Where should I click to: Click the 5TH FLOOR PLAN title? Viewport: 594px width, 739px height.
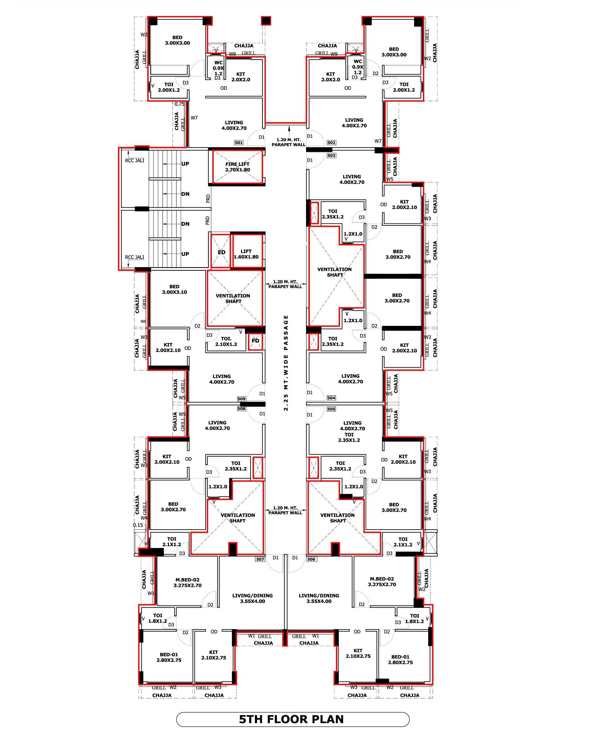(291, 719)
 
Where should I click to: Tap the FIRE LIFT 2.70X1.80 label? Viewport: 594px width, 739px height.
(237, 167)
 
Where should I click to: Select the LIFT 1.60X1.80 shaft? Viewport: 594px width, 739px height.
(247, 251)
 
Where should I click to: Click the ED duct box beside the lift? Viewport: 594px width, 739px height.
(221, 251)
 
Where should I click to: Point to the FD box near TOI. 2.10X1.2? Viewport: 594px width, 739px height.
(255, 341)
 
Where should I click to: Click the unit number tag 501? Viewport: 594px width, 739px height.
(239, 143)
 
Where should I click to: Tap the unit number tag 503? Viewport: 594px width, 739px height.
(331, 156)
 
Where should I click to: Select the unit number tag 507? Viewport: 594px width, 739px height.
(260, 559)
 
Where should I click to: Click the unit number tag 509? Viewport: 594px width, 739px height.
(241, 399)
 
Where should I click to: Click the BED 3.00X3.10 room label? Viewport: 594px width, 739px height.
(174, 289)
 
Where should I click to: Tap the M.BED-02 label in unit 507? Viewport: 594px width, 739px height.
(187, 580)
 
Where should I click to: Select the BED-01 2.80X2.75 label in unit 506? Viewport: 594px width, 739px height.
(400, 659)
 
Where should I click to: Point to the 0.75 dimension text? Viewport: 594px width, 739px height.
(180, 104)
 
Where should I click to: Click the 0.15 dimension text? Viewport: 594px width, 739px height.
(138, 525)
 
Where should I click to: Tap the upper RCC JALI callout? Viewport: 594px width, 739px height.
(134, 160)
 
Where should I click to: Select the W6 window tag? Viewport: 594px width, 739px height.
(143, 321)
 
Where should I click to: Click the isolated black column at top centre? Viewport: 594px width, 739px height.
(266, 21)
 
